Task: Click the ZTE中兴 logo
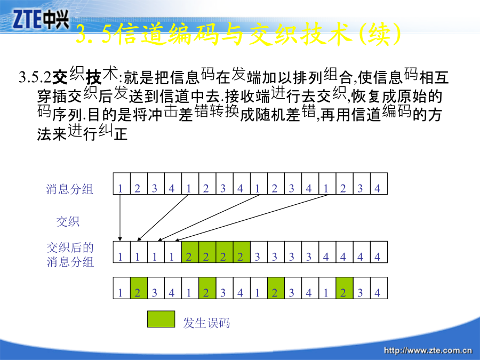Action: (x=41, y=19)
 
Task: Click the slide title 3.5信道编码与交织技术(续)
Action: (x=238, y=34)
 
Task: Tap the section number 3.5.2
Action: (x=35, y=77)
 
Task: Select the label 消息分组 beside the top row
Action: (x=69, y=189)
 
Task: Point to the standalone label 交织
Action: (x=68, y=221)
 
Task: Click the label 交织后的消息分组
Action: (x=70, y=255)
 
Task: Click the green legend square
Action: (x=161, y=319)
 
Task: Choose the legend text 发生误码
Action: (x=206, y=323)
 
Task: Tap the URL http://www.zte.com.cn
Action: (x=428, y=350)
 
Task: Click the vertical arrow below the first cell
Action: (x=120, y=218)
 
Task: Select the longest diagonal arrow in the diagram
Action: (x=252, y=218)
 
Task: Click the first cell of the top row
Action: (x=122, y=183)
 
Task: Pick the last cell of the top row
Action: (x=379, y=183)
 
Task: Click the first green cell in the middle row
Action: (x=190, y=252)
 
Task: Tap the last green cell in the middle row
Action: (x=242, y=252)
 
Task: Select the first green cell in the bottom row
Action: (x=139, y=288)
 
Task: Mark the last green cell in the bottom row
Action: (x=345, y=288)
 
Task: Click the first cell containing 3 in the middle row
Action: (x=259, y=252)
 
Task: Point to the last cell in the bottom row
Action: (x=379, y=288)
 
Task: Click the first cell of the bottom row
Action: (x=122, y=288)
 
